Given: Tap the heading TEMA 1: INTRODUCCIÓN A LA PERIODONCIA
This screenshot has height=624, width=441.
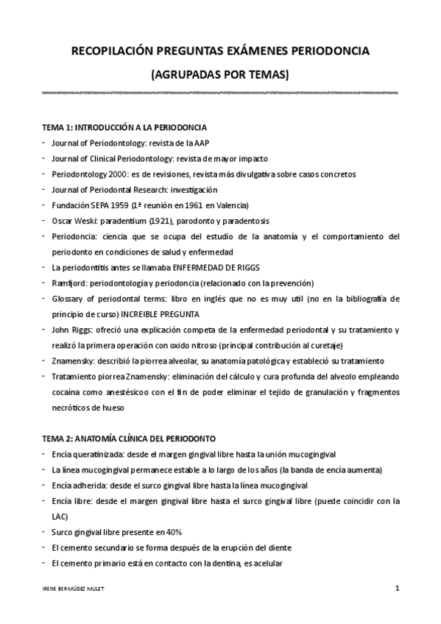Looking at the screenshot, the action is point(124,127).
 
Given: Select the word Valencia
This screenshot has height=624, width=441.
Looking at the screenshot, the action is point(233,205).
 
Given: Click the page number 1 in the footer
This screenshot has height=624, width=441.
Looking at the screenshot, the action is point(398,589).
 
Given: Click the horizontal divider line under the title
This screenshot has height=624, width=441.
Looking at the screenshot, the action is point(220,93).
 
